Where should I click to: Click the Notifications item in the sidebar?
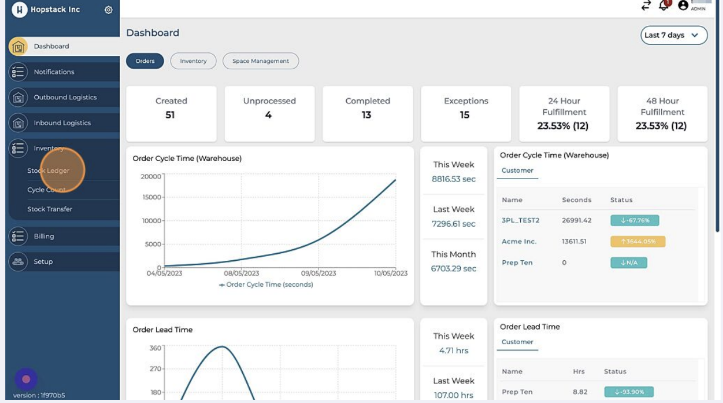(54, 72)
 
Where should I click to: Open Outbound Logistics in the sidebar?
(65, 98)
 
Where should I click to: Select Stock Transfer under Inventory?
(50, 209)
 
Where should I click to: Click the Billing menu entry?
(44, 236)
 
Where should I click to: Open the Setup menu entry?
(43, 261)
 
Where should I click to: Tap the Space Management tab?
(260, 61)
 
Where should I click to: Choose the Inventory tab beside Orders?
(193, 61)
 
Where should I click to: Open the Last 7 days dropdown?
(674, 35)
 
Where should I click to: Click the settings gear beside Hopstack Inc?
(108, 10)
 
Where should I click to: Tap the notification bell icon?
(664, 5)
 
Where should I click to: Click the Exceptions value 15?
(464, 115)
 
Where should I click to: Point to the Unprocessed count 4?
(269, 115)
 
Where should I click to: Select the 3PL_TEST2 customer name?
(520, 221)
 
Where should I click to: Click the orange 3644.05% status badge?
(638, 241)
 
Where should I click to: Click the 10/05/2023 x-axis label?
(391, 273)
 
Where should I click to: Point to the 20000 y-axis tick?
(151, 176)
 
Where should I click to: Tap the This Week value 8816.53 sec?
(454, 179)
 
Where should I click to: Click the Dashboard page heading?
(153, 33)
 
